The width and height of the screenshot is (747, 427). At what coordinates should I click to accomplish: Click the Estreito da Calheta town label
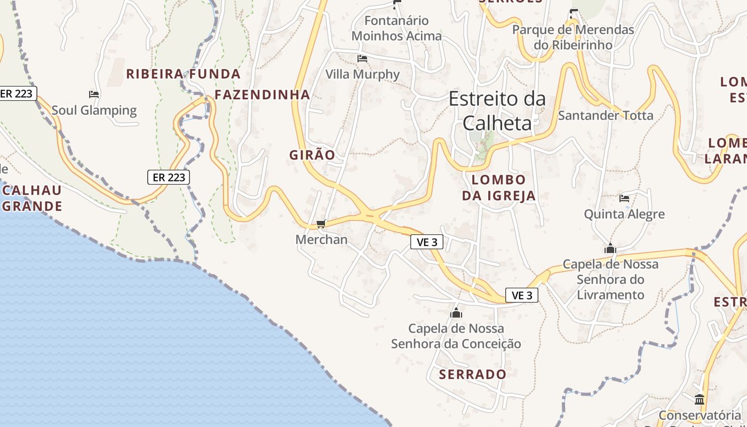tap(497, 111)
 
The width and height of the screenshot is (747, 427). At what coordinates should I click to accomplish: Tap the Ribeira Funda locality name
tap(183, 74)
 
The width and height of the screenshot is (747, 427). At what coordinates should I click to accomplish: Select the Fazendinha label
tap(262, 95)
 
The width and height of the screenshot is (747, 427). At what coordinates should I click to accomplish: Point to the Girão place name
tap(312, 155)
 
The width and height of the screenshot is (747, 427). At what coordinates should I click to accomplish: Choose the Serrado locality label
tap(473, 375)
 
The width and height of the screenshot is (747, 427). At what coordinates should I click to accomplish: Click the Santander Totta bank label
tap(605, 115)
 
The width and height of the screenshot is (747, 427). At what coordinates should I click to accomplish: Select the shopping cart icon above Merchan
tap(321, 224)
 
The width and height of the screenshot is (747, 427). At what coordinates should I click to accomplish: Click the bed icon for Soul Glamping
tap(94, 95)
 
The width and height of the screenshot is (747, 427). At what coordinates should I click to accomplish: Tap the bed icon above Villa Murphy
tap(362, 59)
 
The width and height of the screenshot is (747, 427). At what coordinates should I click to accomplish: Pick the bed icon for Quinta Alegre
tap(624, 199)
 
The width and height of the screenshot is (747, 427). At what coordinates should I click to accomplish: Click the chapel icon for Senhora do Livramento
tap(610, 249)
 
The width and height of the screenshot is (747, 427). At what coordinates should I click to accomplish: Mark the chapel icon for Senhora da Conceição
tap(456, 313)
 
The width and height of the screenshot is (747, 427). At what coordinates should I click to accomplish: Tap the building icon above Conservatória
tap(700, 399)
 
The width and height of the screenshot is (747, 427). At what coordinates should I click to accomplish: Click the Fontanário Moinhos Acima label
tap(397, 28)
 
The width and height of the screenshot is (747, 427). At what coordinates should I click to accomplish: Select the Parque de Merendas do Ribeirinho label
tap(573, 37)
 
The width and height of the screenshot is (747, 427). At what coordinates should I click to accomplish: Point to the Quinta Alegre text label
tap(624, 215)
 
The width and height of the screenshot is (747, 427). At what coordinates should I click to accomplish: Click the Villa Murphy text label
tap(362, 74)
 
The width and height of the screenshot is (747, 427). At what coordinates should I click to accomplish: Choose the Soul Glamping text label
tap(94, 110)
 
